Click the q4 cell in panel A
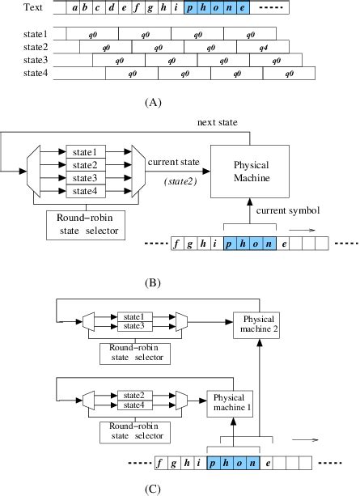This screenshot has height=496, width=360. tap(263, 48)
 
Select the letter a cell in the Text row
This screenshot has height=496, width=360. tap(74, 9)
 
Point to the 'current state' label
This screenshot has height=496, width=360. tap(174, 164)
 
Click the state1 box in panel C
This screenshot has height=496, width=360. tap(133, 316)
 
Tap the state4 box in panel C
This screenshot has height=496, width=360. tap(133, 405)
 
